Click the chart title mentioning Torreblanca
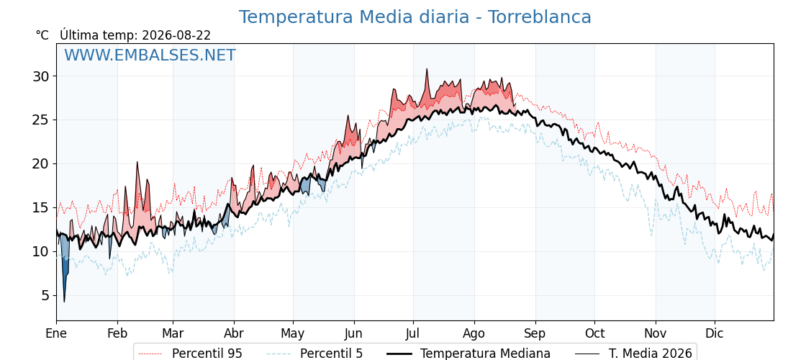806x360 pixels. pyautogui.click(x=415, y=17)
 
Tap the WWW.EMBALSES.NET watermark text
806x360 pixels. pyautogui.click(x=150, y=55)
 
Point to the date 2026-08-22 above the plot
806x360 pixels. pyautogui.click(x=176, y=35)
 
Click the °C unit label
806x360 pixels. pyautogui.click(x=42, y=35)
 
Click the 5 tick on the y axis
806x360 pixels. pyautogui.click(x=47, y=295)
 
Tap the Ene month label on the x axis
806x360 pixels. pyautogui.click(x=56, y=333)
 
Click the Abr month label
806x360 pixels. pyautogui.click(x=234, y=333)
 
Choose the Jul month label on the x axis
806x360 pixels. pyautogui.click(x=413, y=333)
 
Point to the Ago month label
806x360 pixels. pyautogui.click(x=474, y=334)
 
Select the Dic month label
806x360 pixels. pyautogui.click(x=715, y=333)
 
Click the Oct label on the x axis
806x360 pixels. pyautogui.click(x=594, y=333)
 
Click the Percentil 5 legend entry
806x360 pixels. pyautogui.click(x=315, y=354)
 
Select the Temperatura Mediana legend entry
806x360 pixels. pyautogui.click(x=468, y=354)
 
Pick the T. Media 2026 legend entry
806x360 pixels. pyautogui.click(x=634, y=354)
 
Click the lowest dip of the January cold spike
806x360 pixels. pyautogui.click(x=64, y=302)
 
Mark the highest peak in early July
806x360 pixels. pyautogui.click(x=426, y=69)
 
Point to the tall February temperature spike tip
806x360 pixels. pyautogui.click(x=137, y=162)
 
